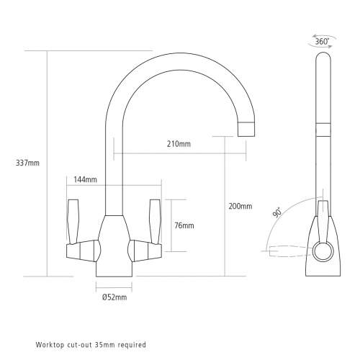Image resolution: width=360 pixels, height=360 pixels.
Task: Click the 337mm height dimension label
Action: (x=27, y=162)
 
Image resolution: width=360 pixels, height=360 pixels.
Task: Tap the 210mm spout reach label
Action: (x=179, y=144)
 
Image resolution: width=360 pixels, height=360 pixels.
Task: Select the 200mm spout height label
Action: (x=240, y=206)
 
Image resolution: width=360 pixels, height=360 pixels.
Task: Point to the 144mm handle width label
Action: (x=86, y=179)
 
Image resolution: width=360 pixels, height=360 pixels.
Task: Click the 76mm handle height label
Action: (x=184, y=225)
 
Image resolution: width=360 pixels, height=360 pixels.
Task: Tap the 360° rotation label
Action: (x=323, y=42)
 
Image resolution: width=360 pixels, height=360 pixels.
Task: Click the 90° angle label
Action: (x=278, y=214)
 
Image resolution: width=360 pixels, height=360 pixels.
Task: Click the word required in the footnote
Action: (x=132, y=344)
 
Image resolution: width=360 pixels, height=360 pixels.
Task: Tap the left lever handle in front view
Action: (x=73, y=219)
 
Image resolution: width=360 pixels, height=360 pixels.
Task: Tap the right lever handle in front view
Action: (x=154, y=219)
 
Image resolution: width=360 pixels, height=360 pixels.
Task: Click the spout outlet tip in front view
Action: (x=246, y=130)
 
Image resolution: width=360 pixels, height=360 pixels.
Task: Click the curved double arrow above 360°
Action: (x=323, y=31)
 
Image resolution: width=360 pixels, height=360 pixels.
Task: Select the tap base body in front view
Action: (x=114, y=248)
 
